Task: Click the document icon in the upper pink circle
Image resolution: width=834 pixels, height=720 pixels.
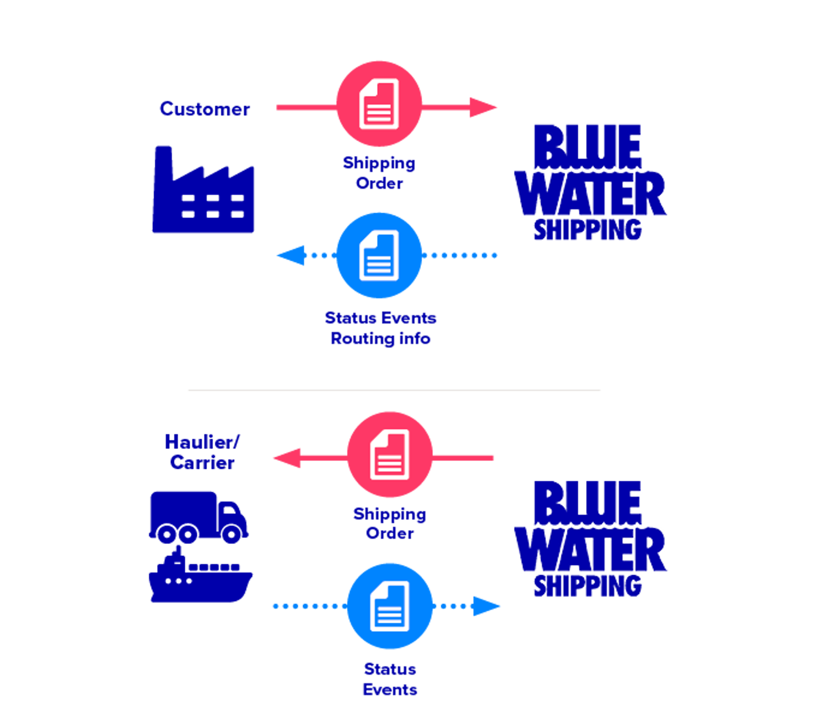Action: (379, 104)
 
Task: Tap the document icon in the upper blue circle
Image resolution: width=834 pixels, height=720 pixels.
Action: (379, 255)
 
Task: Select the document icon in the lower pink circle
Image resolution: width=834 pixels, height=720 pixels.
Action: (389, 455)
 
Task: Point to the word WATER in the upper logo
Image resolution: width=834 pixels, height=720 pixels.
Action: (589, 194)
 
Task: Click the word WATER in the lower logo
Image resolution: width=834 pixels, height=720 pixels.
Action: (589, 550)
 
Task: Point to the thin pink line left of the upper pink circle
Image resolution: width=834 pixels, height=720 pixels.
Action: (304, 107)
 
